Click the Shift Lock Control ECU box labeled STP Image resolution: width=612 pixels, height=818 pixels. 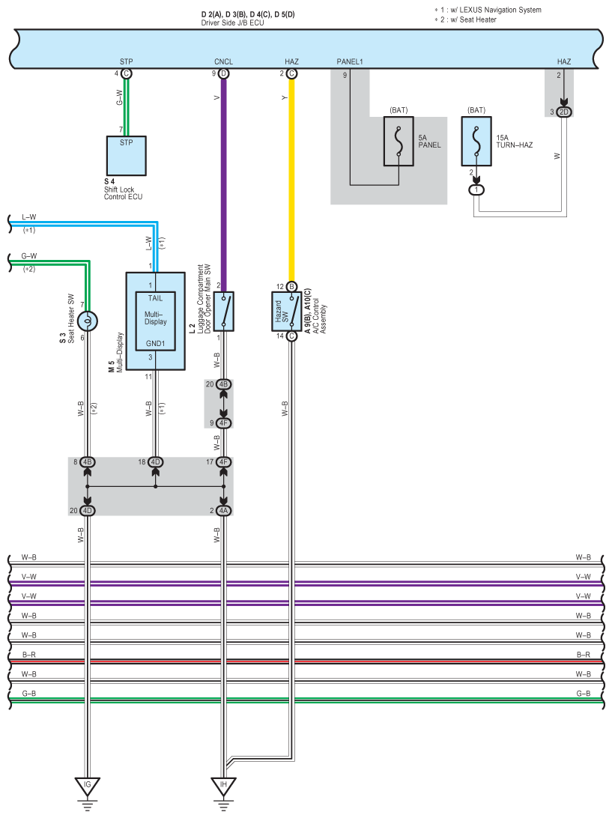pyautogui.click(x=126, y=155)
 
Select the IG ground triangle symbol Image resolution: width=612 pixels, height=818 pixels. pyautogui.click(x=88, y=786)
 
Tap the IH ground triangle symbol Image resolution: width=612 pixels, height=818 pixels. pyautogui.click(x=223, y=786)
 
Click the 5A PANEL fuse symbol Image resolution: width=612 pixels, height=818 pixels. pyautogui.click(x=399, y=140)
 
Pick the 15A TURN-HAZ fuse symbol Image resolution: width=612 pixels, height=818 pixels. pyautogui.click(x=476, y=140)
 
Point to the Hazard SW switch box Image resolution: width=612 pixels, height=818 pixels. pyautogui.click(x=291, y=311)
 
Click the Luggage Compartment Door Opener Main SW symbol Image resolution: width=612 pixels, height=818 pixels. pyautogui.click(x=223, y=311)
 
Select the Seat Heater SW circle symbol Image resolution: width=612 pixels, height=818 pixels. pyautogui.click(x=88, y=321)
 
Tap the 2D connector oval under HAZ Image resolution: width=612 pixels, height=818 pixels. pyautogui.click(x=564, y=112)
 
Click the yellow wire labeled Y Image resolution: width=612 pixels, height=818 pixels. pyautogui.click(x=291, y=180)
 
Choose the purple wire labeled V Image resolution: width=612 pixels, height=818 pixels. pyautogui.click(x=223, y=180)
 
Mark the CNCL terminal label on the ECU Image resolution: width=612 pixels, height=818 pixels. pyautogui.click(x=223, y=61)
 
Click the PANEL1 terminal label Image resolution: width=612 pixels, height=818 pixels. pyautogui.click(x=350, y=61)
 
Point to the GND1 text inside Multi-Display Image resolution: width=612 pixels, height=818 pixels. pyautogui.click(x=155, y=344)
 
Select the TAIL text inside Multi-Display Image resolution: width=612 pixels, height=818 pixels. pyautogui.click(x=155, y=298)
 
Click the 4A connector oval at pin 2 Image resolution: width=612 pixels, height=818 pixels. pyautogui.click(x=223, y=511)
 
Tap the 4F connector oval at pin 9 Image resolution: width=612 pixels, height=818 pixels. pyautogui.click(x=223, y=422)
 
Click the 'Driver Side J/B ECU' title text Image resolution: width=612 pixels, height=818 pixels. pyautogui.click(x=232, y=23)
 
